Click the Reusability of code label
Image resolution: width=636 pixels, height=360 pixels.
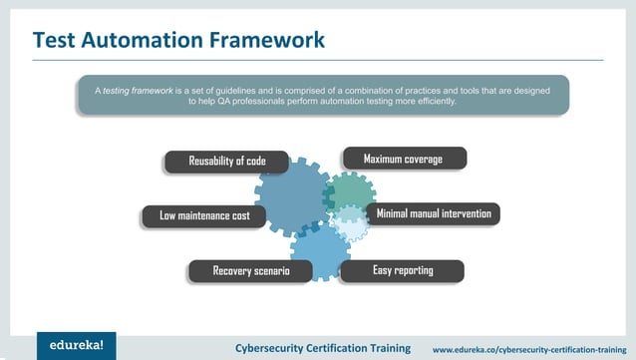click(x=227, y=162)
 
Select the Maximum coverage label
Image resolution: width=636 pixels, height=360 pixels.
click(x=404, y=159)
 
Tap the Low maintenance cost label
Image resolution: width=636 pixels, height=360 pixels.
click(x=204, y=215)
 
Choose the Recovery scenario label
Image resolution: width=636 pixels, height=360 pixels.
click(x=251, y=271)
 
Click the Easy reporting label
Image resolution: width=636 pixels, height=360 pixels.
click(x=403, y=270)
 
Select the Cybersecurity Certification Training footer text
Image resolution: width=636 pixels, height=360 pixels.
click(x=322, y=348)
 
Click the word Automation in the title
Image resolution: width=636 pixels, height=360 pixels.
click(x=152, y=40)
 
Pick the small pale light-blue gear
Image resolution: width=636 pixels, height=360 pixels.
click(x=350, y=224)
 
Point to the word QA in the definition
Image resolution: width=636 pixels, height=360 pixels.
click(x=221, y=102)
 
